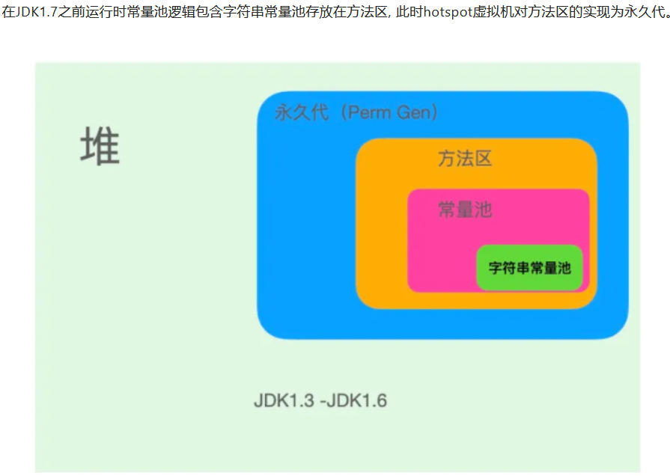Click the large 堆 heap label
pos(100,146)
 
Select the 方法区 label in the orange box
pos(465,159)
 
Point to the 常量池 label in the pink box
pos(465,210)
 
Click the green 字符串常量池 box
pos(529,267)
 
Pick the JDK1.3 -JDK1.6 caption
pos(320,401)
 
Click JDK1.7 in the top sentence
pos(31,13)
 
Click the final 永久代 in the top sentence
pos(643,13)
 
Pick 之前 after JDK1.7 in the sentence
pos(63,13)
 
